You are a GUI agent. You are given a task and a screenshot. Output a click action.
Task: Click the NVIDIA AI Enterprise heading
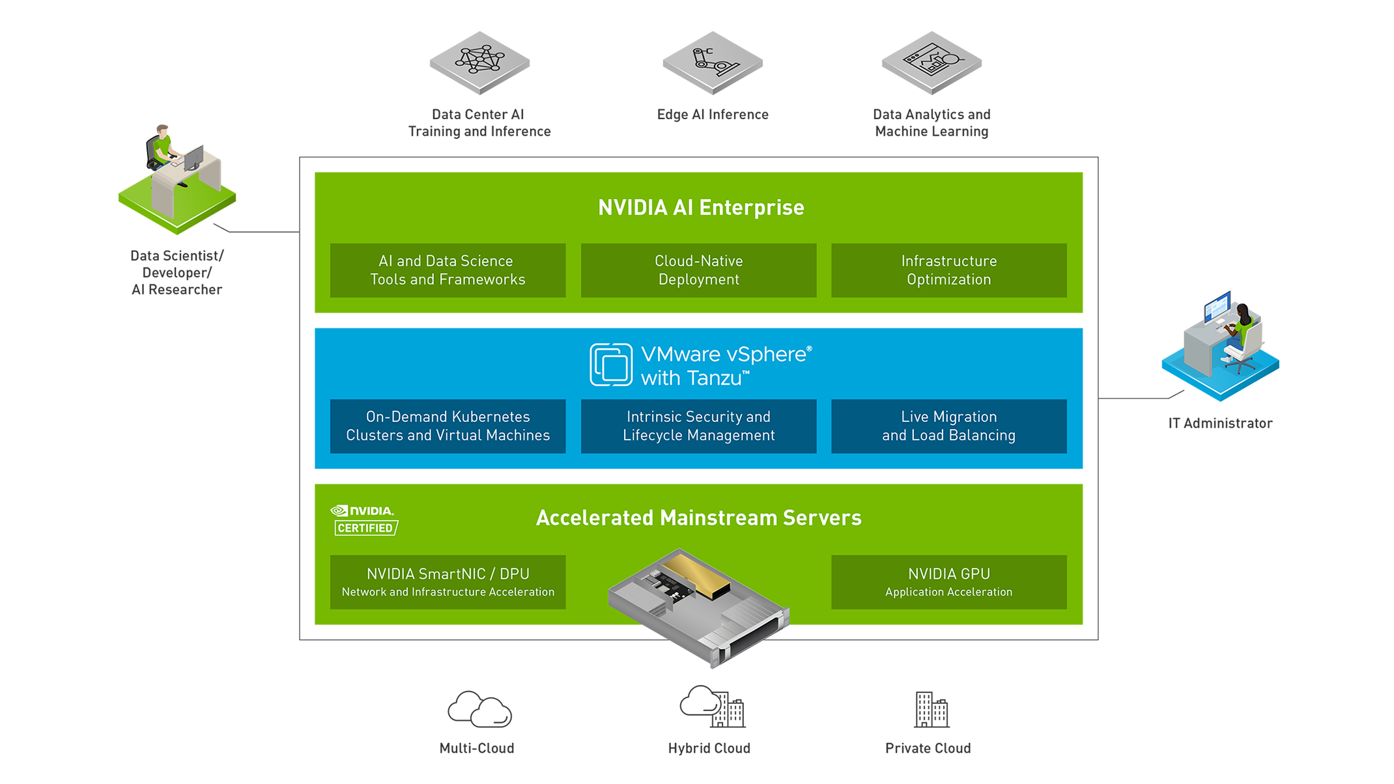point(701,208)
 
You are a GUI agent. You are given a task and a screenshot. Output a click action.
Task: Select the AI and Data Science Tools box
point(448,270)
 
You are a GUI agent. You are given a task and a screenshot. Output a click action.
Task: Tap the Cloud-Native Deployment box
point(698,270)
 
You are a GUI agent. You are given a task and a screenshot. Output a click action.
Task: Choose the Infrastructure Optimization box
point(948,270)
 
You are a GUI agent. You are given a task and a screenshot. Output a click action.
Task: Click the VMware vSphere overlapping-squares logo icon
point(610,365)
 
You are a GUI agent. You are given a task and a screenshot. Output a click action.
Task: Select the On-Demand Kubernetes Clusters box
point(448,426)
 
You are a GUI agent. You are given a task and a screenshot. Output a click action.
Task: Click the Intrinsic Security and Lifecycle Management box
point(698,426)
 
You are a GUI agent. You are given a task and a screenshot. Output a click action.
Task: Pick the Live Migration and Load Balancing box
point(948,426)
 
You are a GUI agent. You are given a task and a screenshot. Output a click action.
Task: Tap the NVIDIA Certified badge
point(364,520)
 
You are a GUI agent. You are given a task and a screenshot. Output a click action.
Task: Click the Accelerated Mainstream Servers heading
point(698,518)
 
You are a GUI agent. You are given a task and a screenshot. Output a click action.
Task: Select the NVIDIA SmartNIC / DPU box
point(448,582)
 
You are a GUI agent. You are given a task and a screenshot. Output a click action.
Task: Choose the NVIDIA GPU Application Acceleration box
point(948,582)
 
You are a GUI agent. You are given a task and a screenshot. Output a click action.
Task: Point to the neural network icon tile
point(480,61)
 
